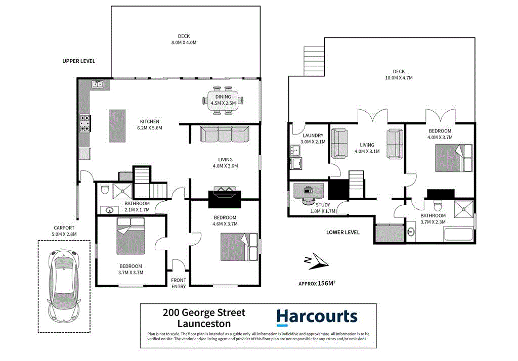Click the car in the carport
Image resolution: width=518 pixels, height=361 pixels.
[x=64, y=286]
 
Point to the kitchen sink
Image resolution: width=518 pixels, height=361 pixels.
[x=98, y=84]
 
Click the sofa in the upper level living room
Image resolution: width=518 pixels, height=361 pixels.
[x=225, y=135]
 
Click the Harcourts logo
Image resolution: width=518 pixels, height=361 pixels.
[x=317, y=317]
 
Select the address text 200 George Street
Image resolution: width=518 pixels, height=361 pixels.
[x=204, y=313]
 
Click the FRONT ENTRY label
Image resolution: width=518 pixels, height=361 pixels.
[x=178, y=283]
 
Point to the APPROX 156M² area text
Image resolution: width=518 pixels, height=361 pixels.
[x=317, y=284]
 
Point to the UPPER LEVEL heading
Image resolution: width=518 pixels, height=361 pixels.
[x=78, y=61]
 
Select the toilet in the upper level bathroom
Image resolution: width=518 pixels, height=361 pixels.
[x=105, y=189]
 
